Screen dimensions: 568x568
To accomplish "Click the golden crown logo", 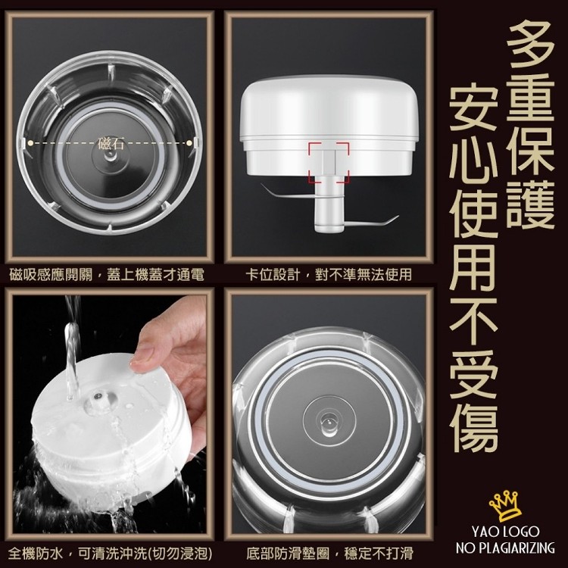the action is tap(505, 506).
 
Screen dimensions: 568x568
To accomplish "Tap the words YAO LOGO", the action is tap(505, 532).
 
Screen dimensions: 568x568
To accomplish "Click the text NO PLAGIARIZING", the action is tap(505, 548).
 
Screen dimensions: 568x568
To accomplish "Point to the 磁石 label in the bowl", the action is tap(111, 144).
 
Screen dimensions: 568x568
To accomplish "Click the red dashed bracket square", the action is tap(329, 162).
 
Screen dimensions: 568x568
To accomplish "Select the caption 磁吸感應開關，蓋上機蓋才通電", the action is tap(107, 275).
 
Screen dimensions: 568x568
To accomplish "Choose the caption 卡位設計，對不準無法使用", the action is tap(329, 275).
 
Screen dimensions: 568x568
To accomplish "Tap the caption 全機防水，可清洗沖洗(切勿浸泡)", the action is tap(110, 554).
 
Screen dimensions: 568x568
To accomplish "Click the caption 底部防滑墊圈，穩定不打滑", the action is tap(329, 554).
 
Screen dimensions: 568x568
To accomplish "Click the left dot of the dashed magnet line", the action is tap(31, 143).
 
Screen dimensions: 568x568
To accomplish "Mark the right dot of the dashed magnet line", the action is tap(189, 143).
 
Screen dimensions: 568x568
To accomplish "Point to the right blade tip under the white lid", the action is tap(398, 217).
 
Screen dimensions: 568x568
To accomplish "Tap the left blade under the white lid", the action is tap(287, 192).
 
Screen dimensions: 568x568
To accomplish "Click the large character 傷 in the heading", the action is tap(473, 428).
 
